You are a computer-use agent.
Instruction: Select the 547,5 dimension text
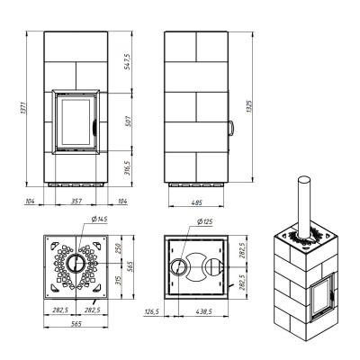pos(127,62)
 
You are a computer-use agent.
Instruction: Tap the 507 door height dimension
pos(127,121)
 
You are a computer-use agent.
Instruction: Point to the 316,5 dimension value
pos(127,168)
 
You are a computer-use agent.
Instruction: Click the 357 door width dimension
pos(76,201)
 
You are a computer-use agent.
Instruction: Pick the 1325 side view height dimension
pos(249,106)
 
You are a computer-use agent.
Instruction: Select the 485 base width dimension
pos(197,202)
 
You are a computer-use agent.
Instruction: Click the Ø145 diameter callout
pos(100,220)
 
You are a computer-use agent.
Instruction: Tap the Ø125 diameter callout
pos(204,221)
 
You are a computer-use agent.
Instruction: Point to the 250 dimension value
pos(119,248)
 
